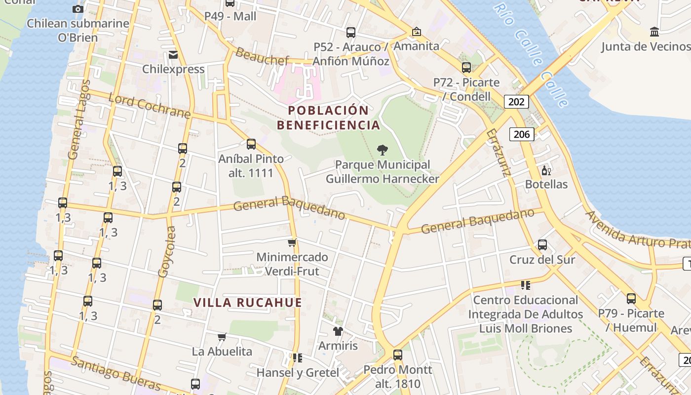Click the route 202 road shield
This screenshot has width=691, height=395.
(516, 102)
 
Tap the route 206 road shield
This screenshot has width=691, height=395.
(522, 134)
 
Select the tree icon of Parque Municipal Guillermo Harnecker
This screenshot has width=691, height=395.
(382, 150)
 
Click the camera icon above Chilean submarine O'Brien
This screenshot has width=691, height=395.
(78, 9)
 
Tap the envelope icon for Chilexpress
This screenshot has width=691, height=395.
(173, 54)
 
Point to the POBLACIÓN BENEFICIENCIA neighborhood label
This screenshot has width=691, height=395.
(329, 118)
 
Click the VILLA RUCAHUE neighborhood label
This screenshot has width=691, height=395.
(247, 303)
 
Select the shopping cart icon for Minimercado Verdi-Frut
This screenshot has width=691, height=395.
(292, 242)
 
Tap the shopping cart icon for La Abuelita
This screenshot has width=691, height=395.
(222, 337)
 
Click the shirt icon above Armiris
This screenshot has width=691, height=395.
(338, 331)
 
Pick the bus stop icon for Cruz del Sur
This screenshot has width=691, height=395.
(542, 244)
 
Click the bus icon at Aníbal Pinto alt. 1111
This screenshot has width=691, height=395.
(251, 144)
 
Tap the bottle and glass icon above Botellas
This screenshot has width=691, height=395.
(546, 171)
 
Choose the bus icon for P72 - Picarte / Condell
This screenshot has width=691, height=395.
(466, 68)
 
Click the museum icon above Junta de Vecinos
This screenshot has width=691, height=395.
(654, 32)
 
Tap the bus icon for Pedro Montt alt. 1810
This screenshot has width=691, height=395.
(397, 355)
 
